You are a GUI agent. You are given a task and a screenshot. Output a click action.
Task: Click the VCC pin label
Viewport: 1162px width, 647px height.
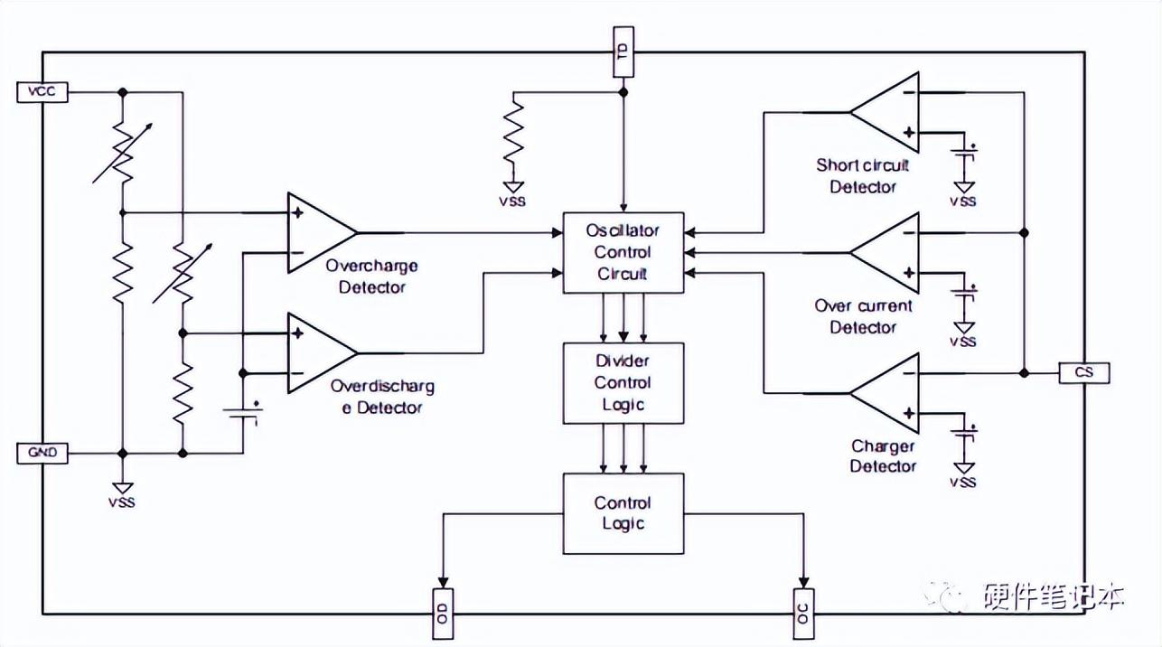42,91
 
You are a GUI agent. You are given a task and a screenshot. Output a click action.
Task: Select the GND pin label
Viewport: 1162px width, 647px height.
42,453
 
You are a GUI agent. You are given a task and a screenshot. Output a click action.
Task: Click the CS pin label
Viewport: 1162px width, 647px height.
1083,372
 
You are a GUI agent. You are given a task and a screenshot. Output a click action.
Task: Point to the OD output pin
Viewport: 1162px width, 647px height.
443,613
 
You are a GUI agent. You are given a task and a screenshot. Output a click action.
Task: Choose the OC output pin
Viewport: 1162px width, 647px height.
802,613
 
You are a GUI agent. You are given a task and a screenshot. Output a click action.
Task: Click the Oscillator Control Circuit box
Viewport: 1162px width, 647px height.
623,253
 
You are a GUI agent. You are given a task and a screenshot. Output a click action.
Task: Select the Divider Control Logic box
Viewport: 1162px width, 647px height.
623,383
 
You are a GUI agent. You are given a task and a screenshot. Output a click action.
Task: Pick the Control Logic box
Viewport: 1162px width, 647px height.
623,514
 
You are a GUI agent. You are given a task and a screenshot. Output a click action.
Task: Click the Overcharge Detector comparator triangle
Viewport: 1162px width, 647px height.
316,232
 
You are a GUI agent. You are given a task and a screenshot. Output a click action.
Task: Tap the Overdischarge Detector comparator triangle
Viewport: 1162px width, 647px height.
316,352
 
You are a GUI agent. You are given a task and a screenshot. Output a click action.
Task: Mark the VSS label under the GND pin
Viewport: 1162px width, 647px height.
122,502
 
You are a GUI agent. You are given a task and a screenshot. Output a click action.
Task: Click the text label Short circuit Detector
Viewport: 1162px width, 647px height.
863,176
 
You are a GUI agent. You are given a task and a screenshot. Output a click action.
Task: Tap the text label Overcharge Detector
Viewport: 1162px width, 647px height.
371,277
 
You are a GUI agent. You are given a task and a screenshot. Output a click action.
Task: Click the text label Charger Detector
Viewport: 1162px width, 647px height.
883,456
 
